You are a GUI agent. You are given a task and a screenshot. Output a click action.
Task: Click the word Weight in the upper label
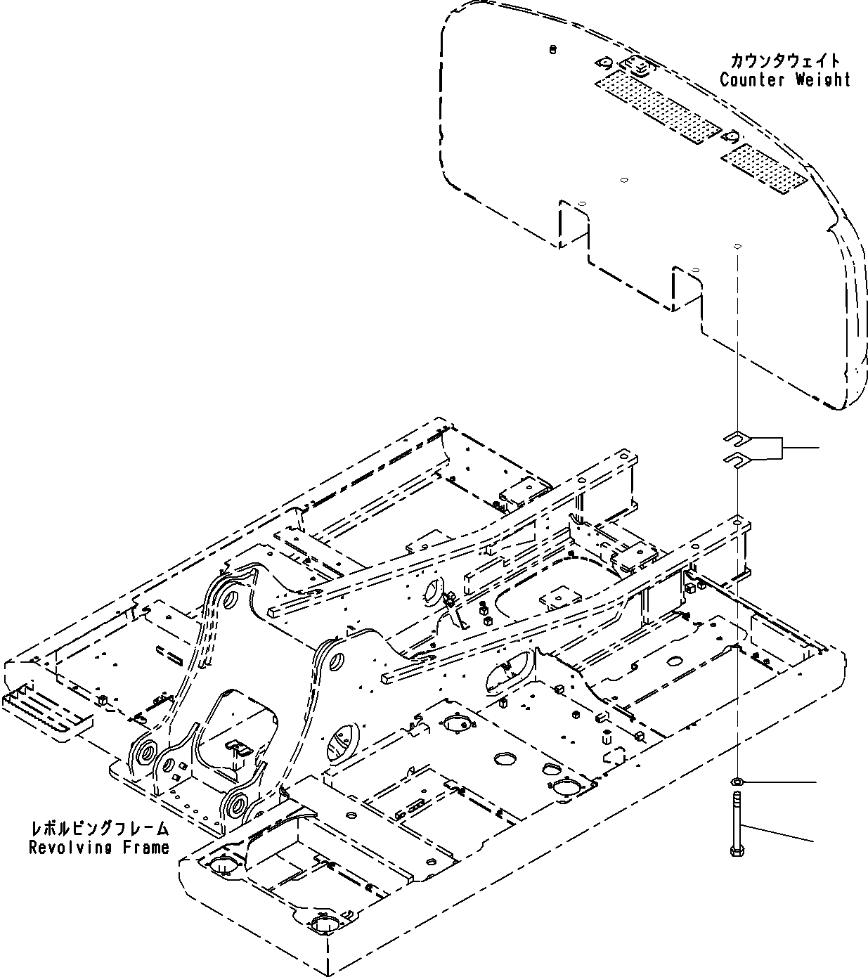tap(822, 79)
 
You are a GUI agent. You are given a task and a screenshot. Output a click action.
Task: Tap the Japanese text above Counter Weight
tap(784, 61)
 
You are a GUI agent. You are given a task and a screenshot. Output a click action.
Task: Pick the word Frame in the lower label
tap(145, 847)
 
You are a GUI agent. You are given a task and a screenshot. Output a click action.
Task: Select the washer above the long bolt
tap(737, 782)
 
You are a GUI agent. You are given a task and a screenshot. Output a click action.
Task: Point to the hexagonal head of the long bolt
tap(737, 852)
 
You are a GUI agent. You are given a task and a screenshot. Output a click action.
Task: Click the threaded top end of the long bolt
tap(737, 797)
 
